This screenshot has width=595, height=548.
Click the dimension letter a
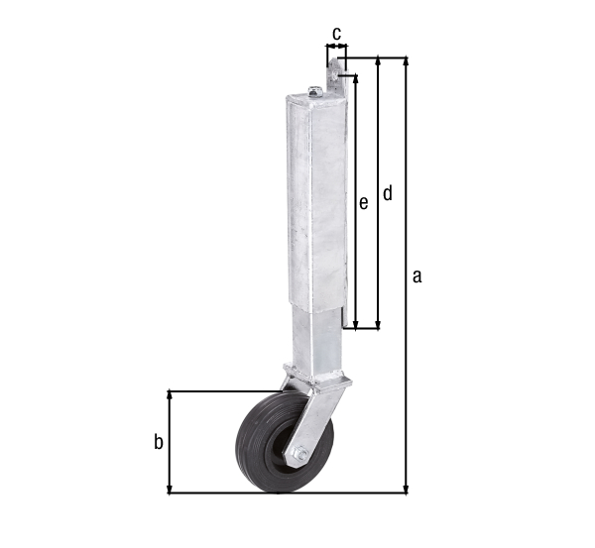tap(417, 276)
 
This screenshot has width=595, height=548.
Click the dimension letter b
tap(158, 442)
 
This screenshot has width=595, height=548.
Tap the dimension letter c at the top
tap(336, 34)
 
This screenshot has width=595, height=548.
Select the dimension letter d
tap(388, 193)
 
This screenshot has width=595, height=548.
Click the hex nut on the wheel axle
tap(298, 454)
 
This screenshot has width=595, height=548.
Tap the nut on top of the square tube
tap(314, 92)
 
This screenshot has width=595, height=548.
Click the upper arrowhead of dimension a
tap(406, 61)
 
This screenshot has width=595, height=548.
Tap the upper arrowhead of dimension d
tap(378, 61)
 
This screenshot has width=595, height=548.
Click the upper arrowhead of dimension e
tap(352, 76)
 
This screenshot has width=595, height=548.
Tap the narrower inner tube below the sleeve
tap(319, 337)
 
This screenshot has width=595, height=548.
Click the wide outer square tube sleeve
tap(317, 198)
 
